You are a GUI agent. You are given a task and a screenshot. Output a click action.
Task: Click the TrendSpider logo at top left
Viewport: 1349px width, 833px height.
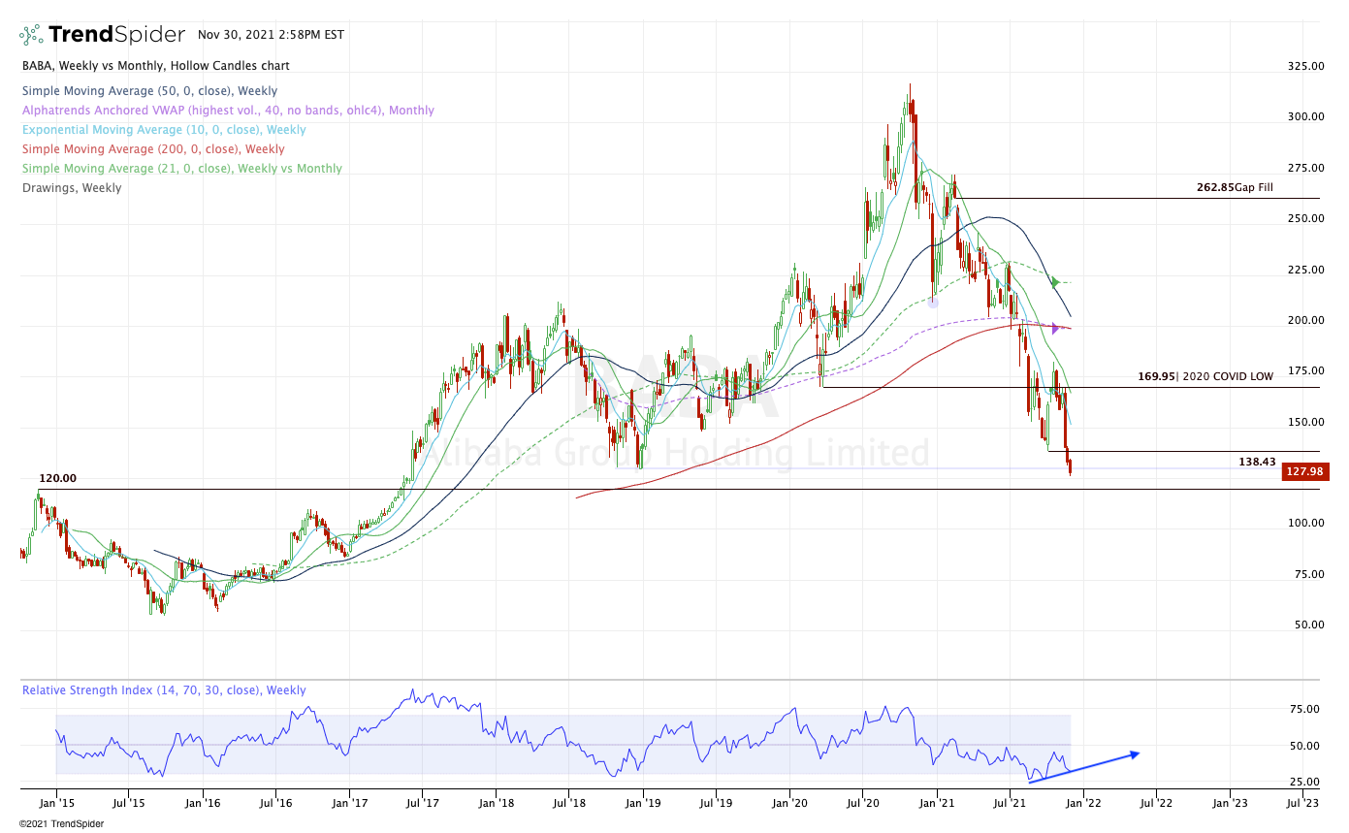tap(102, 35)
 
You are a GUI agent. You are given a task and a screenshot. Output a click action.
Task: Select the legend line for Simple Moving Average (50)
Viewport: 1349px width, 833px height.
tap(149, 91)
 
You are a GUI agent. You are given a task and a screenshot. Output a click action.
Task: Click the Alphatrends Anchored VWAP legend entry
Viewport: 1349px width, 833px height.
tap(228, 111)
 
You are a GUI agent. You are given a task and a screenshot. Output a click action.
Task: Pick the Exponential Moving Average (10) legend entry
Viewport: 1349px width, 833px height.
tap(164, 130)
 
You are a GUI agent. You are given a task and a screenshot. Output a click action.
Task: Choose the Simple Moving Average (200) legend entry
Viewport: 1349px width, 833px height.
tap(153, 149)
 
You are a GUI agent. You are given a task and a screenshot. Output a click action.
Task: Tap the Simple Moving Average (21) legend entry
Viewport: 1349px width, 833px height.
tap(181, 169)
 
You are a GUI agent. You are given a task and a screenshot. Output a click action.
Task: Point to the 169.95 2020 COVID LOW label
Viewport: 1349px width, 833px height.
tap(1205, 376)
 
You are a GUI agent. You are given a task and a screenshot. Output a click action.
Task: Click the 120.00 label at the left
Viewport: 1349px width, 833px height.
tap(57, 479)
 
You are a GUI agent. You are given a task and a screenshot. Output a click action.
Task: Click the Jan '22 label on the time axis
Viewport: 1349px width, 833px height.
tap(1083, 802)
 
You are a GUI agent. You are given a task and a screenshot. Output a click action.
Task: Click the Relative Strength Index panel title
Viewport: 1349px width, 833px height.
tap(164, 690)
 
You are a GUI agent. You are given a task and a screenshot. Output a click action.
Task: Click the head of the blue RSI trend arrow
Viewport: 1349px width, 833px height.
tap(1136, 753)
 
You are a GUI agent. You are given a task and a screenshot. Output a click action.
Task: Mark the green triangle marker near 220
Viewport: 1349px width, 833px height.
tap(1055, 282)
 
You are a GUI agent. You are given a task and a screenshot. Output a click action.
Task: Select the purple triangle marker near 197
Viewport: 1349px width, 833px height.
tap(1055, 329)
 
